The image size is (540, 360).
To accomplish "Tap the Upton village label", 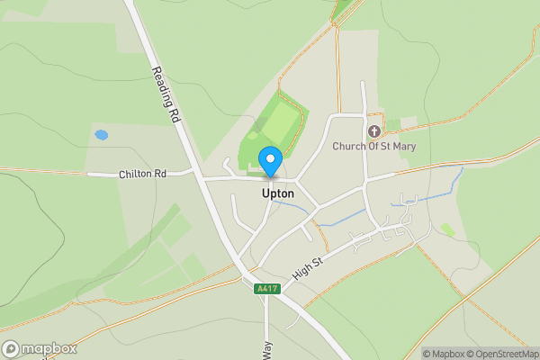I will click(277, 193).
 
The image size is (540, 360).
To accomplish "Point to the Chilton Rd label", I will click(142, 174).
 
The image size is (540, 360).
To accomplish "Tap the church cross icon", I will click(373, 131).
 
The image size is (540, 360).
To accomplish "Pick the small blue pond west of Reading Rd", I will click(101, 135).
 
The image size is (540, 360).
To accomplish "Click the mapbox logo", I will click(40, 348).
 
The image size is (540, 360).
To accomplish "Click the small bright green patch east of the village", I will click(447, 230).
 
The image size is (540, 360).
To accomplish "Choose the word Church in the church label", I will click(346, 146).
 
